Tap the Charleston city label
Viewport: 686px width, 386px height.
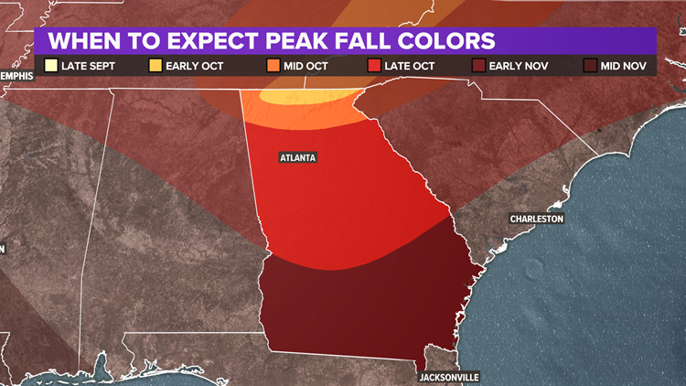[537, 219]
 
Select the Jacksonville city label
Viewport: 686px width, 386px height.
[449, 377]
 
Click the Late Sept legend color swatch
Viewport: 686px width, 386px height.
[51, 65]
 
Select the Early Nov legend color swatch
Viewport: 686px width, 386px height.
[478, 65]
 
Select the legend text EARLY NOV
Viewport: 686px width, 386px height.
[516, 65]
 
